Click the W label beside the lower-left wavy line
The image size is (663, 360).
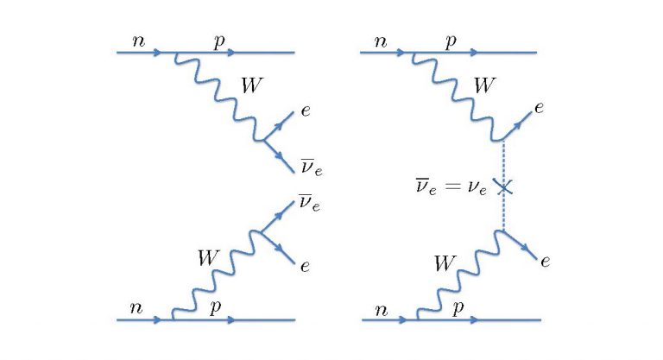point(207,256)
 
